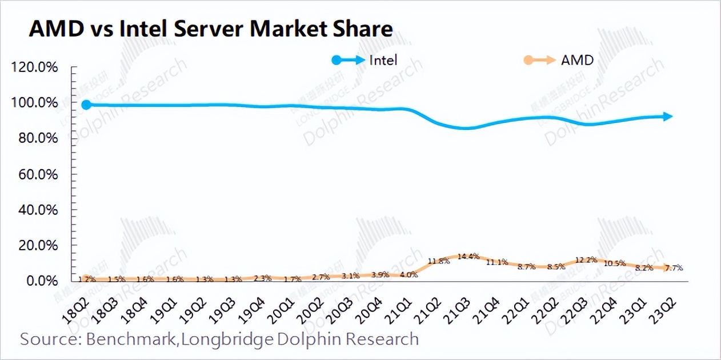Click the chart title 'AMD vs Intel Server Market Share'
coord(211,29)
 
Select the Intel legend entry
coord(383,59)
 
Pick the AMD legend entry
coord(577,59)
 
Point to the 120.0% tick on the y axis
coord(35,67)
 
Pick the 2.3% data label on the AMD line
coord(263,278)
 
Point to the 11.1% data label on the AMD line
coord(498,262)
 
